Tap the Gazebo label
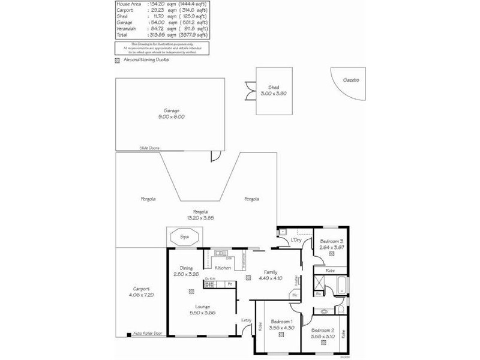point(351,80)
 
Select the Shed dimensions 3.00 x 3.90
point(274,93)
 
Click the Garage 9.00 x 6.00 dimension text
point(171,116)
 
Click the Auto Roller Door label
point(148,333)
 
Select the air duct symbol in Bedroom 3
point(331,254)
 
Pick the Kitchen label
point(223,268)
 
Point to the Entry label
point(246,320)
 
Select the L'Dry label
point(296,241)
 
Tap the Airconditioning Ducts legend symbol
point(117,60)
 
